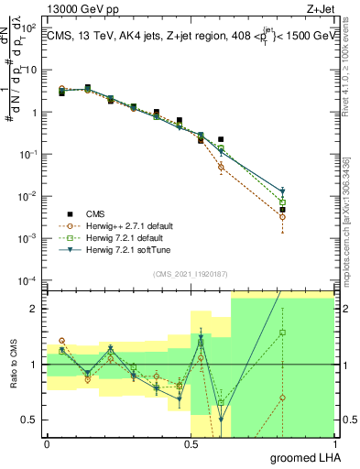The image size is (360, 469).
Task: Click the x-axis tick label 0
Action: (47, 444)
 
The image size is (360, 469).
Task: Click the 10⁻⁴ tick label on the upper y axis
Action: (27, 280)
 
